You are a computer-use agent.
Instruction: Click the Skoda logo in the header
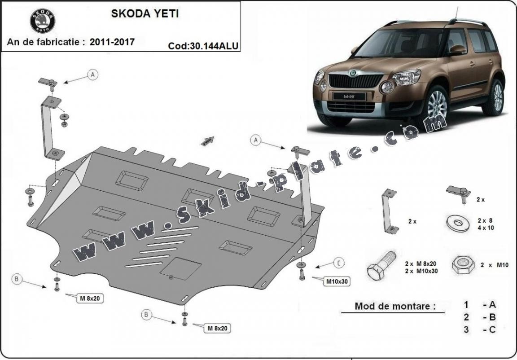(42, 21)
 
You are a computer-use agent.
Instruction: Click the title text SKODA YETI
(145, 13)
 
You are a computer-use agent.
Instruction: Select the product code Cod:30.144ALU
(203, 46)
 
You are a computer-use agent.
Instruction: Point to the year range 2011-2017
(112, 42)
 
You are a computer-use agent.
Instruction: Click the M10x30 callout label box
(336, 281)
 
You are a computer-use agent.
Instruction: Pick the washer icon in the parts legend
(458, 223)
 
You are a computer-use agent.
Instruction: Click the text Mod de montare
(395, 306)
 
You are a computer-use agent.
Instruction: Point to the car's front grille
(356, 81)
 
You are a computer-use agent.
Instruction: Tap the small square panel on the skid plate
(181, 268)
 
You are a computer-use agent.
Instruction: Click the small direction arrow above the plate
(207, 141)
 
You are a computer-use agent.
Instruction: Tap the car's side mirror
(457, 50)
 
